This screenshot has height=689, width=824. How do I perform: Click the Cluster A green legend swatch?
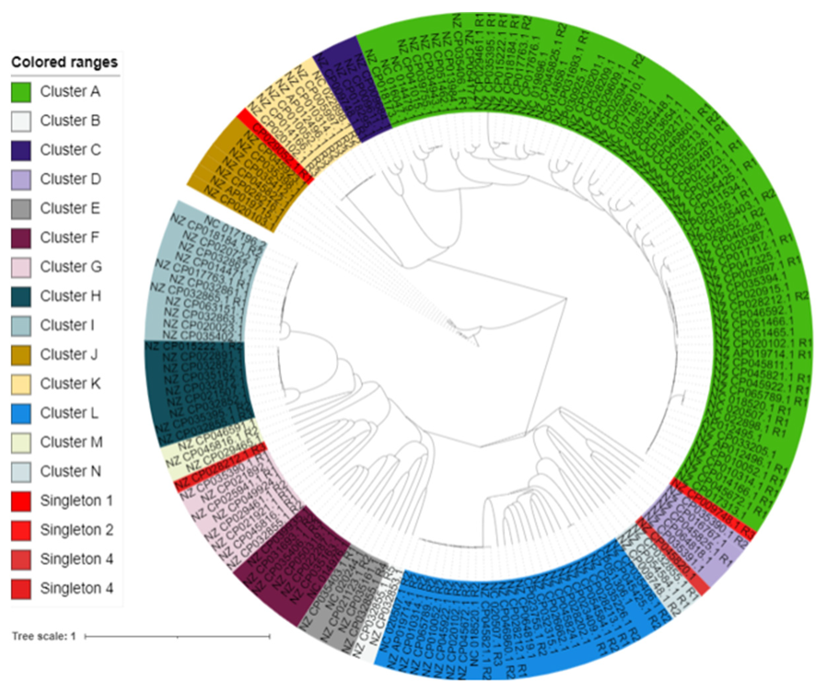tap(21, 92)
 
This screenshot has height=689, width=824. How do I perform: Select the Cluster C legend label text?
tap(70, 150)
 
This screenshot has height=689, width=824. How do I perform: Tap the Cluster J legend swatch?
tap(21, 355)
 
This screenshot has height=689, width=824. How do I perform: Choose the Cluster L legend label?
tap(69, 413)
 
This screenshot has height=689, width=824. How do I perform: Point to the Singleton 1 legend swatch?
tap(21, 501)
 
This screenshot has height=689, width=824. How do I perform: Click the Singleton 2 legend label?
tap(77, 530)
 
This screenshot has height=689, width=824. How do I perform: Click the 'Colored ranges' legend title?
tap(64, 62)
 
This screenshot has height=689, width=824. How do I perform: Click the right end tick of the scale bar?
tap(270, 636)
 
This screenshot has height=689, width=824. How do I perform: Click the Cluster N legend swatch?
tap(21, 472)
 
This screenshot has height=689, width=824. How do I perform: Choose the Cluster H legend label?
tap(70, 296)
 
